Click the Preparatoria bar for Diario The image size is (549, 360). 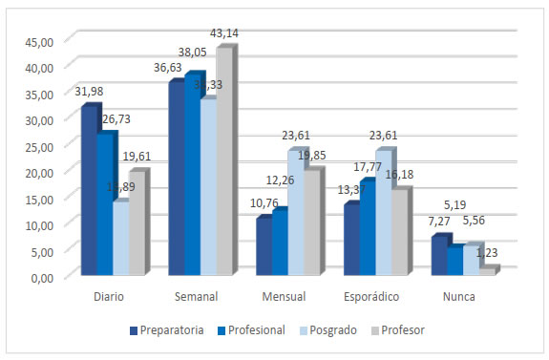88,191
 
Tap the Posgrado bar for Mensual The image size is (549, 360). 297,214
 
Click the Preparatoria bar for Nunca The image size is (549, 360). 437,256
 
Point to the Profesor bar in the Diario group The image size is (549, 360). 136,224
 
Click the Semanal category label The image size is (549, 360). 198,297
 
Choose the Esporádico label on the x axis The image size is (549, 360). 371,297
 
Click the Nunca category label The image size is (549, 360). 458,297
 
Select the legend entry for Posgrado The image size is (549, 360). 329,330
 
